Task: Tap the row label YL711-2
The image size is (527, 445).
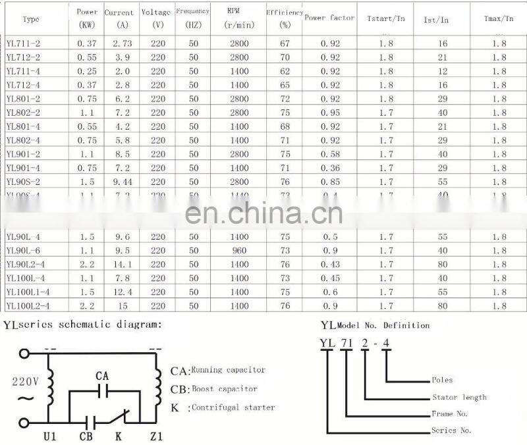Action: pyautogui.click(x=22, y=43)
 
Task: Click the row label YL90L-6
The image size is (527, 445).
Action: pyautogui.click(x=23, y=251)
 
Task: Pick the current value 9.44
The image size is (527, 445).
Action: pyautogui.click(x=123, y=182)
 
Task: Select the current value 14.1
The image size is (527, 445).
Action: pyautogui.click(x=123, y=265)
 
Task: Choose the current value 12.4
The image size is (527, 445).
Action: pyautogui.click(x=123, y=292)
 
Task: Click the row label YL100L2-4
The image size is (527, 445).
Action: pyautogui.click(x=28, y=306)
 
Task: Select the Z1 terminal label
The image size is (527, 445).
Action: pyautogui.click(x=155, y=435)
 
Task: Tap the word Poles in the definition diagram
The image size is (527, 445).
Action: pyautogui.click(x=442, y=380)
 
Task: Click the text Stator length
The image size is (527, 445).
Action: pyautogui.click(x=459, y=397)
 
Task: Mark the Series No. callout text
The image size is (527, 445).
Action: pyautogui.click(x=452, y=431)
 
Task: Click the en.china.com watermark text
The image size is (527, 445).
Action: pyautogui.click(x=263, y=213)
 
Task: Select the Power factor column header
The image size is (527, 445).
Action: pyautogui.click(x=329, y=18)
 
